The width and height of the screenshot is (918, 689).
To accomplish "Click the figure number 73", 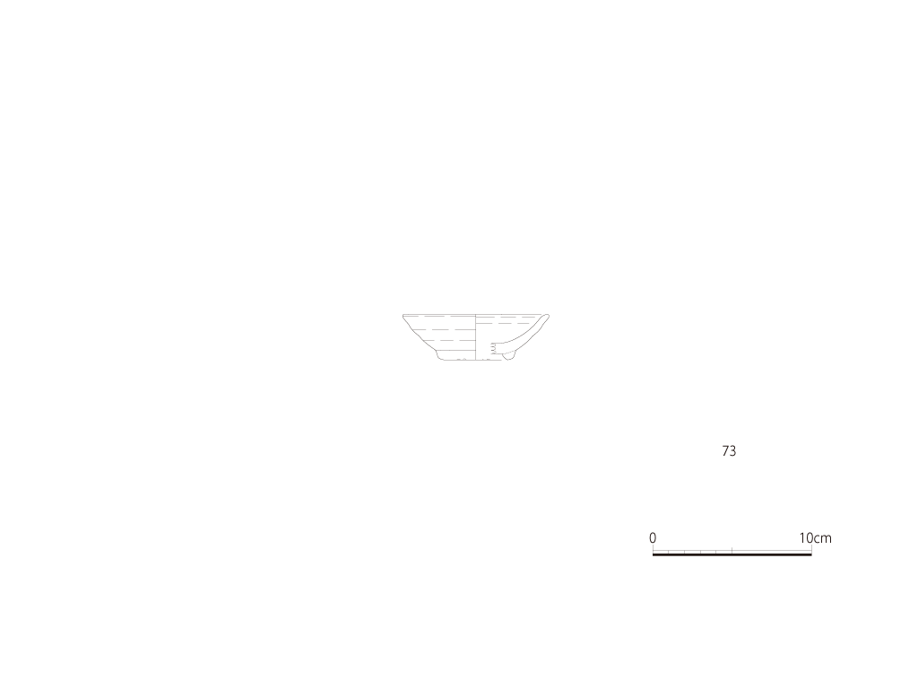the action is tap(729, 450).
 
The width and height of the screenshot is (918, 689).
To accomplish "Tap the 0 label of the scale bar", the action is tap(653, 538).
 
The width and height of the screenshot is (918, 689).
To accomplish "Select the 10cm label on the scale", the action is tap(816, 538).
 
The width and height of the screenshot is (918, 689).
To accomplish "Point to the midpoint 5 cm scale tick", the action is tap(732, 550).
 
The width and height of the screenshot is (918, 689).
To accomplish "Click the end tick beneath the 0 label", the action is tap(654, 549).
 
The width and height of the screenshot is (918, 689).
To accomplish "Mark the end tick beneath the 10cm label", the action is tap(811, 549).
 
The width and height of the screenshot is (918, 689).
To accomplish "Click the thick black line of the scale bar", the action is tap(732, 554).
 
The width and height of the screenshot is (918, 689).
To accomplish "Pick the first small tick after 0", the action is tap(669, 552).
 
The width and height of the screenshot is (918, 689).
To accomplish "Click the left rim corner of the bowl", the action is tap(403, 316).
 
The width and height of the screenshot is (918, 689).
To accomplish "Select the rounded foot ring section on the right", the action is tap(509, 355).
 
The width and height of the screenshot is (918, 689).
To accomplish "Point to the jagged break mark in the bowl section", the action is tap(493, 349).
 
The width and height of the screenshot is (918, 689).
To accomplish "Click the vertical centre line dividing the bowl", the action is tap(475, 337).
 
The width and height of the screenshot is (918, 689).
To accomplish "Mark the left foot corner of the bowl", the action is tap(439, 357).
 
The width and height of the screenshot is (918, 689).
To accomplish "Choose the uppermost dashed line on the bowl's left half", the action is tap(439, 317).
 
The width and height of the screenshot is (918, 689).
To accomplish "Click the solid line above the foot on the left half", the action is tap(455, 351).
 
